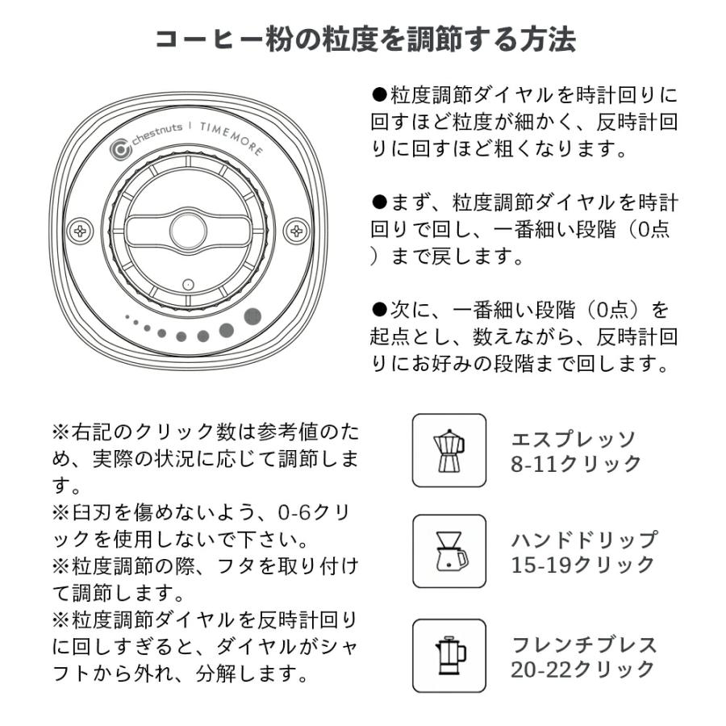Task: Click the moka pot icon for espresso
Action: (x=449, y=450)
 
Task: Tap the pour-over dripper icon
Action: (x=449, y=551)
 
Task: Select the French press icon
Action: (x=449, y=655)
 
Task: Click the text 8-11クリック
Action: (x=575, y=464)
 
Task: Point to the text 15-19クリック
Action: (x=582, y=565)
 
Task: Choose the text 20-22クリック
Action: (x=582, y=669)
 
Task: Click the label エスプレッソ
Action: (x=574, y=439)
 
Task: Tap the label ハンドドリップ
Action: (x=584, y=540)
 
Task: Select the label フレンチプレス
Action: (x=584, y=644)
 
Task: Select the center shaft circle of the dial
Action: (x=188, y=229)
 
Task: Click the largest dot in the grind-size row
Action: (x=252, y=315)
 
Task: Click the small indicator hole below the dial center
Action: (x=188, y=285)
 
